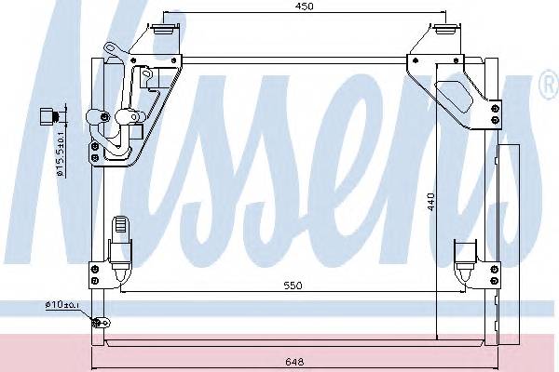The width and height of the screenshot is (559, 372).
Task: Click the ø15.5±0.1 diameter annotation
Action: (x=58, y=153)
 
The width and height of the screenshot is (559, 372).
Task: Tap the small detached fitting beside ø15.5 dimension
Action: (x=50, y=117)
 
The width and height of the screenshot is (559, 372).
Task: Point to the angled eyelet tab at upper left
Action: (x=111, y=51)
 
